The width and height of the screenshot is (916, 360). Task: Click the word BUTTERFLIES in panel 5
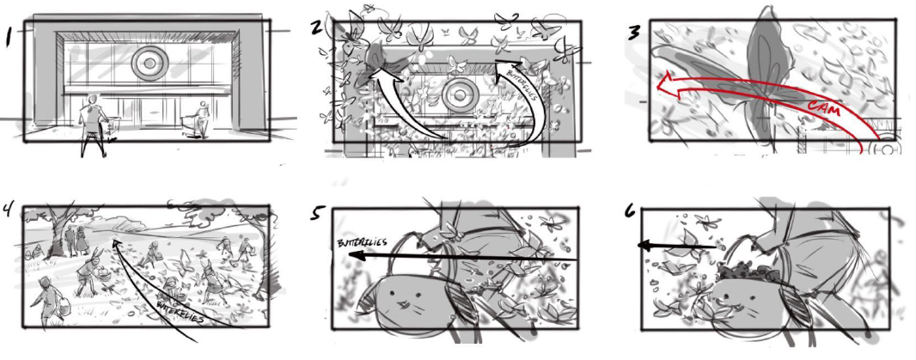[362, 242]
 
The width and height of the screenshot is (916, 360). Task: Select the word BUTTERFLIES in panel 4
[180, 312]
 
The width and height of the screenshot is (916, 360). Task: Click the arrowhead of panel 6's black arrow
[644, 246]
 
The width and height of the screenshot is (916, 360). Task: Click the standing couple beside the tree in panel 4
[76, 241]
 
